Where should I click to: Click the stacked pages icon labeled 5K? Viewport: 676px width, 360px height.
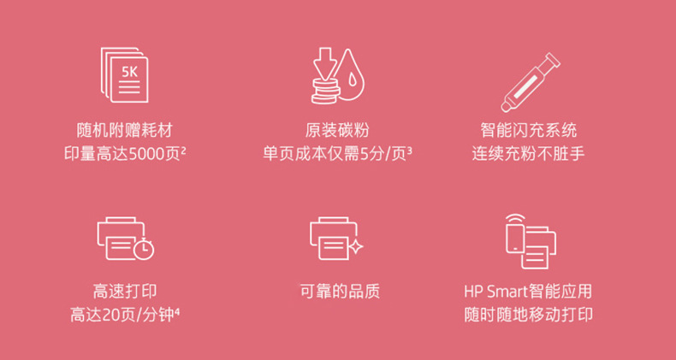[x=125, y=75]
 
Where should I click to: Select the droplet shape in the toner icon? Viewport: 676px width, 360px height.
[x=349, y=74]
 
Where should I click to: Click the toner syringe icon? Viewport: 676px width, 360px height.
[x=530, y=82]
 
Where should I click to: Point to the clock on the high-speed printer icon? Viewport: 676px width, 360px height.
[x=144, y=250]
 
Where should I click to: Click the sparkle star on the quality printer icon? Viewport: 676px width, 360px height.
[x=356, y=247]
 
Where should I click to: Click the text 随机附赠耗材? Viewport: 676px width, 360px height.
[x=125, y=131]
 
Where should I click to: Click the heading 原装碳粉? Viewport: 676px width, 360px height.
[x=337, y=131]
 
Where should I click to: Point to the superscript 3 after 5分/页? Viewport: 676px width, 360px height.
[x=409, y=150]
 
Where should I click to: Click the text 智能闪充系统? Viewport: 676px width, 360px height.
[x=529, y=131]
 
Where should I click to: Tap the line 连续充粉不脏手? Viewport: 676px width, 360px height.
[x=529, y=154]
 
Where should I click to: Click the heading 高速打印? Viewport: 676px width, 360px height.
[x=125, y=292]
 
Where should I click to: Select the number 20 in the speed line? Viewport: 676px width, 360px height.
[x=110, y=316]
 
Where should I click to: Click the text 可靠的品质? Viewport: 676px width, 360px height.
[x=340, y=292]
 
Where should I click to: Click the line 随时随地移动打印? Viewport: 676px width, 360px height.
[x=529, y=316]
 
